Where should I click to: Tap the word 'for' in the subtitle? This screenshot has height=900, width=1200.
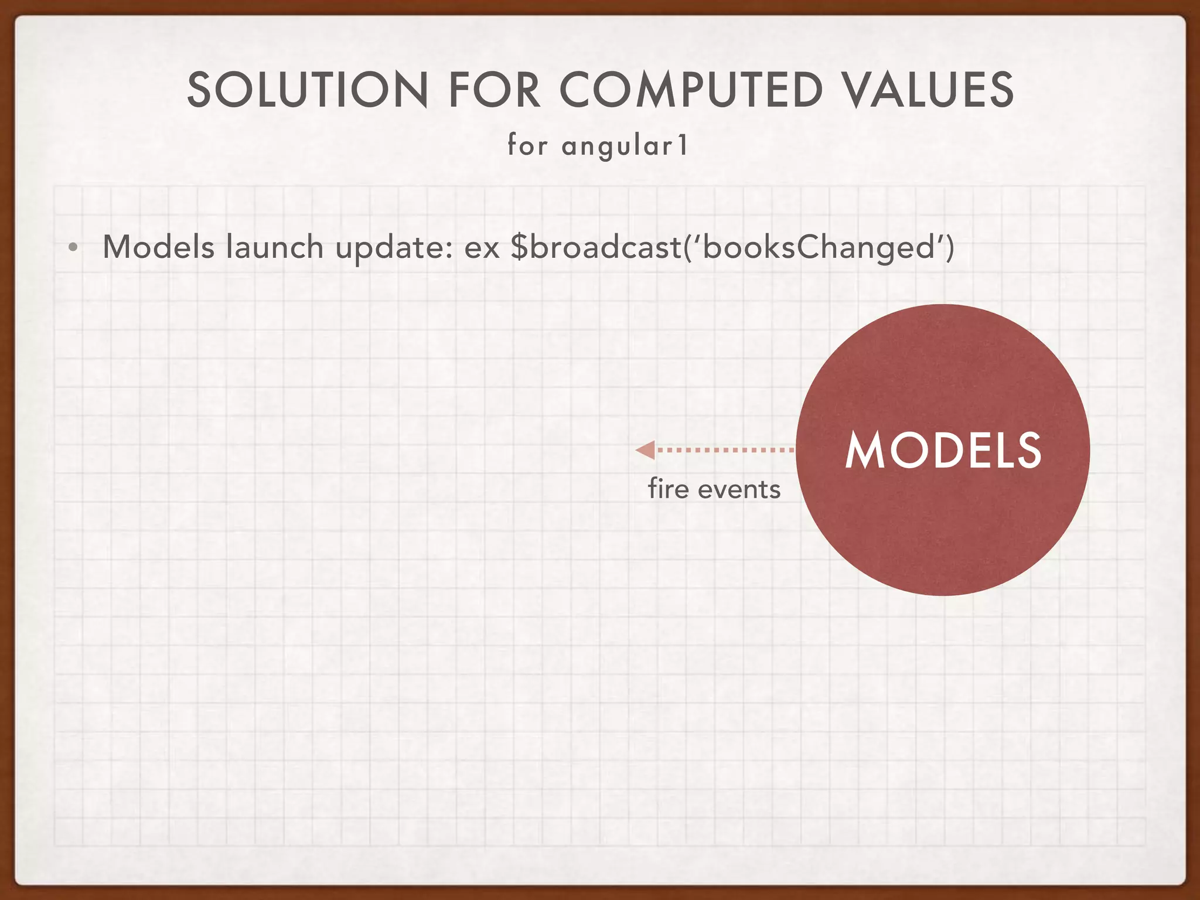[x=527, y=145]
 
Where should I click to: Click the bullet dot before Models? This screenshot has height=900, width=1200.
[x=73, y=248]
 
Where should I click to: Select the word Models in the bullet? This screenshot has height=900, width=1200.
[x=159, y=247]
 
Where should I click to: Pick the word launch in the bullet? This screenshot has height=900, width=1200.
[x=275, y=247]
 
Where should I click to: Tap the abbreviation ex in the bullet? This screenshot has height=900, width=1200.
[x=482, y=248]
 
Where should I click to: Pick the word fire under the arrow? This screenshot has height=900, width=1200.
[x=669, y=489]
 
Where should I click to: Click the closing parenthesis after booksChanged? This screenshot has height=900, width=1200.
[x=949, y=248]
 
